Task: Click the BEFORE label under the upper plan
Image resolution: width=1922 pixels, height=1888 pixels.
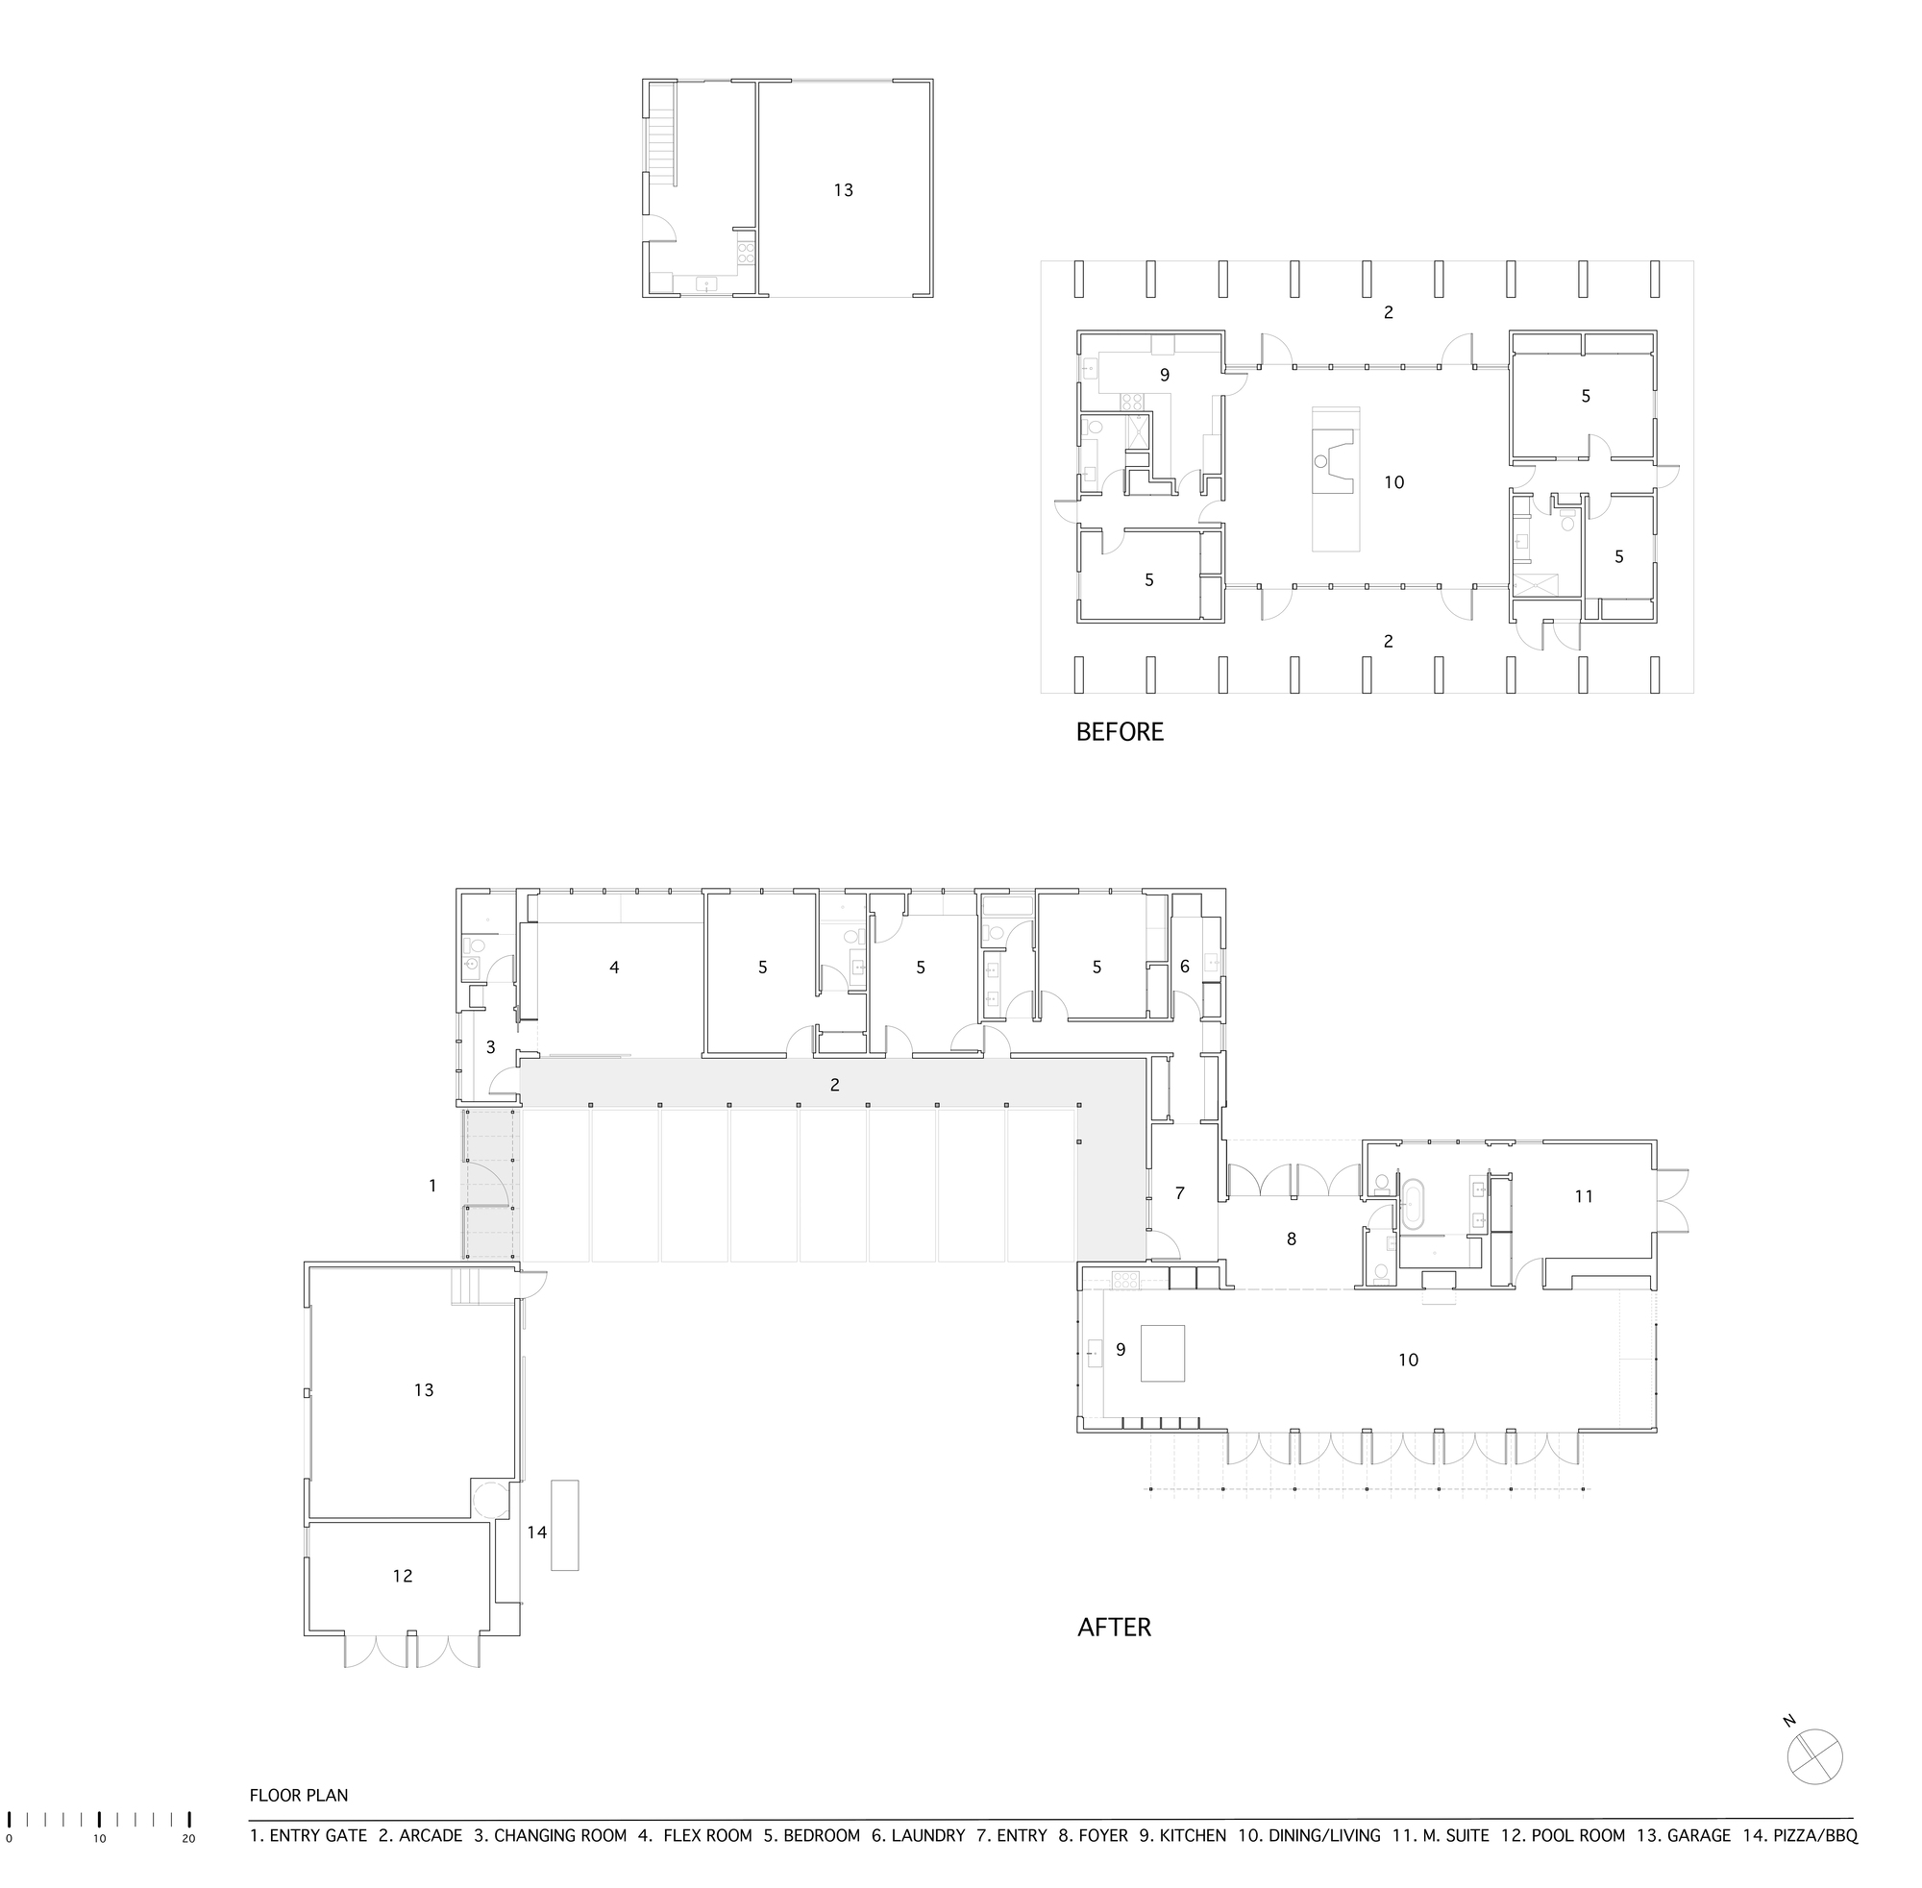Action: click(x=1119, y=732)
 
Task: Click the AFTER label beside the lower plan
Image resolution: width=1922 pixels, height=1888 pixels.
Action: click(x=1114, y=1628)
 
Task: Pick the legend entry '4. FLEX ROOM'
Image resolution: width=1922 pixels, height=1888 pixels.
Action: click(x=694, y=1835)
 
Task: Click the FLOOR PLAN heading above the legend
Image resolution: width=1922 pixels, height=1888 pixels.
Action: click(x=299, y=1795)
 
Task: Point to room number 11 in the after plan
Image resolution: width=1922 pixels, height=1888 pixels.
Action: click(x=1583, y=1196)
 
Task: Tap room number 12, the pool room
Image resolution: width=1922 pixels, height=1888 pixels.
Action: click(x=402, y=1576)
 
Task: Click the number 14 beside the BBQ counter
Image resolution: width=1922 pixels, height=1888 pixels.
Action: click(x=536, y=1532)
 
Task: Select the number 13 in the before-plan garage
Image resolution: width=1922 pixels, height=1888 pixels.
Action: click(x=843, y=189)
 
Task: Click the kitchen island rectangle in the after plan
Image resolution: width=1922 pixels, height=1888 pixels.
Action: click(x=1162, y=1353)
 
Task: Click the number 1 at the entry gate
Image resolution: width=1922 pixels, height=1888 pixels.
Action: click(x=432, y=1185)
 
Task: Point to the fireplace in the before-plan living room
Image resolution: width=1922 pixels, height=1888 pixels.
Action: click(x=1332, y=462)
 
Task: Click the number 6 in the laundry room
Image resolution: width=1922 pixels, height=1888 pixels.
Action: click(x=1184, y=966)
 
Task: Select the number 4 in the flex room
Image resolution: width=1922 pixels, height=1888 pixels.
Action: click(x=614, y=967)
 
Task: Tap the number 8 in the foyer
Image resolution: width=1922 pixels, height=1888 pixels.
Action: click(x=1291, y=1238)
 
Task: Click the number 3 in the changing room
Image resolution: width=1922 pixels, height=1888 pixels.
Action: click(x=490, y=1046)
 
